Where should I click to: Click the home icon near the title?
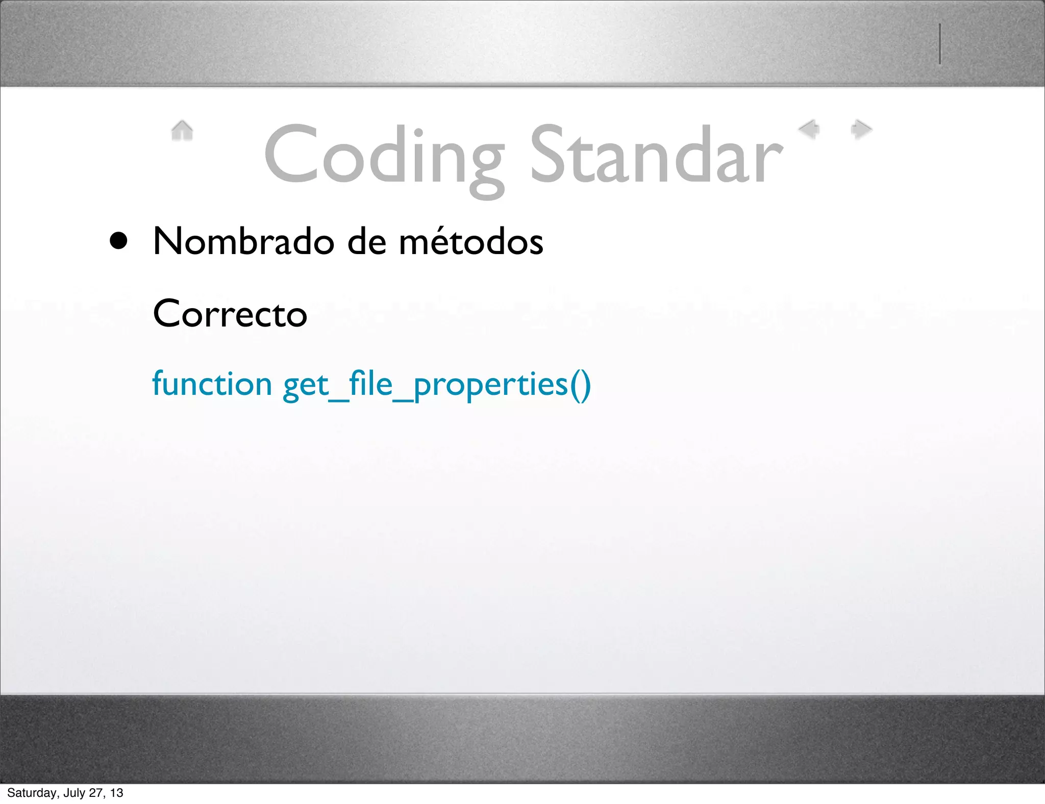tap(182, 131)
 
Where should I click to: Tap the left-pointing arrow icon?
tap(809, 129)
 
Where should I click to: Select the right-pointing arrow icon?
tap(861, 129)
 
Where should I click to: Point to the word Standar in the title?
tap(656, 156)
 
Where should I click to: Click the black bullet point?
tap(118, 241)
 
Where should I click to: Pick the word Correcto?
tap(230, 313)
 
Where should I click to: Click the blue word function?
tap(212, 384)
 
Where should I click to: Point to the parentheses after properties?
tap(580, 385)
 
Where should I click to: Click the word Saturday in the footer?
tap(32, 793)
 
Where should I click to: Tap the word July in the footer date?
tap(74, 793)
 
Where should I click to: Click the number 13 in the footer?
tap(117, 793)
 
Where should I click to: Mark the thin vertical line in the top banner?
tap(939, 44)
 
